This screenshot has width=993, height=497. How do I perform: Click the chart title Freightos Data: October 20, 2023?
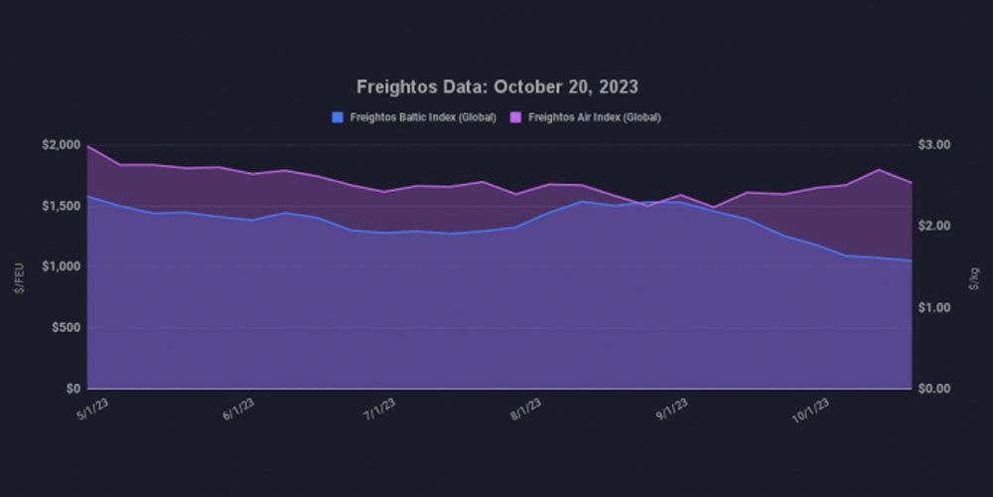pyautogui.click(x=496, y=86)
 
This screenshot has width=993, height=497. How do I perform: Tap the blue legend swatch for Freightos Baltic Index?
pyautogui.click(x=338, y=117)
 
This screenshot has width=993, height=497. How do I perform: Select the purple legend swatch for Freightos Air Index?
pyautogui.click(x=516, y=117)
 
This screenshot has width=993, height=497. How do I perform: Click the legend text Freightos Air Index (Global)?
pyautogui.click(x=595, y=117)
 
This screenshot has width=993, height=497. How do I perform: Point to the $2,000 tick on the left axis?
pyautogui.click(x=61, y=145)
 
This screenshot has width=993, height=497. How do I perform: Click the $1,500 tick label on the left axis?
pyautogui.click(x=61, y=206)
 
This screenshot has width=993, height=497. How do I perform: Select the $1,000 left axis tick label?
pyautogui.click(x=61, y=266)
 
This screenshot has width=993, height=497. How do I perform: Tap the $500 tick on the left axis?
pyautogui.click(x=66, y=327)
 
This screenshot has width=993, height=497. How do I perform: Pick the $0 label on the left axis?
pyautogui.click(x=72, y=389)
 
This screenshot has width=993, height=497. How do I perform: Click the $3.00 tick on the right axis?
pyautogui.click(x=935, y=145)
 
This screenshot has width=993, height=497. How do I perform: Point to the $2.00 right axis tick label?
pyautogui.click(x=935, y=227)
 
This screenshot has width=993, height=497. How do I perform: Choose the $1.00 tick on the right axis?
pyautogui.click(x=935, y=307)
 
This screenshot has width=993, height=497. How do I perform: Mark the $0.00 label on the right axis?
pyautogui.click(x=935, y=389)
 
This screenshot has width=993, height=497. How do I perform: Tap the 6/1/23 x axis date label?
pyautogui.click(x=238, y=410)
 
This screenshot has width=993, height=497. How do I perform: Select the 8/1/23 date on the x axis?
pyautogui.click(x=526, y=410)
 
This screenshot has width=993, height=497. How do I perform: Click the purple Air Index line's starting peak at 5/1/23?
pyautogui.click(x=88, y=146)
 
